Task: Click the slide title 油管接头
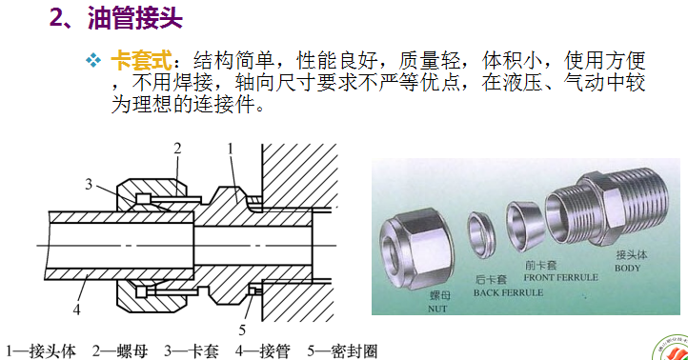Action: pos(135,18)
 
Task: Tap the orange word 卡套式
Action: pos(141,61)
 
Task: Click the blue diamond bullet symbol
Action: pos(93,60)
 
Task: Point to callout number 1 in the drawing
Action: pos(231,150)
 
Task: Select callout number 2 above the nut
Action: pos(177,149)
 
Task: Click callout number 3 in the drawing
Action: pos(89,184)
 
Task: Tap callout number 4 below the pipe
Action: pos(77,310)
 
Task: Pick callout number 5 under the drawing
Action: pos(242,330)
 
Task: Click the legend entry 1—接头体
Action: pos(41,350)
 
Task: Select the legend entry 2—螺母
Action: pos(120,350)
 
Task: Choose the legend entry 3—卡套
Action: pos(192,350)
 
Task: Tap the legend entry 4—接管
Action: pos(263,350)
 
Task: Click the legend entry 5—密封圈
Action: pos(342,350)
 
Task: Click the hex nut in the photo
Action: pos(415,249)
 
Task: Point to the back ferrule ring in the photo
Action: pos(482,235)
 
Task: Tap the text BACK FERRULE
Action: pos(508,292)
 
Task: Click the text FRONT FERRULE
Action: pos(560,277)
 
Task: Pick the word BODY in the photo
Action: pos(627,268)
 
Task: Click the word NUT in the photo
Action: pos(437,309)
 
